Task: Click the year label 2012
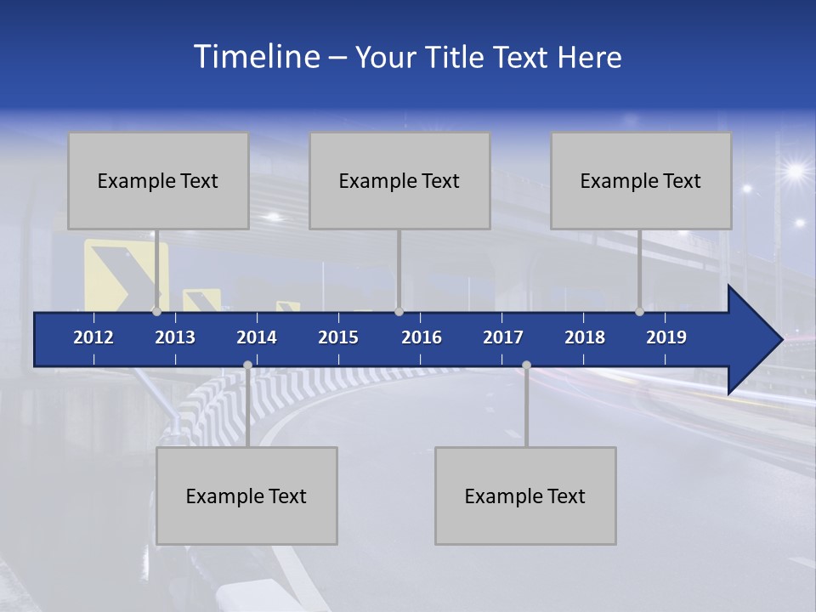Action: pyautogui.click(x=93, y=337)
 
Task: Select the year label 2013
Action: pyautogui.click(x=175, y=337)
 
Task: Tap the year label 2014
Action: pyautogui.click(x=257, y=337)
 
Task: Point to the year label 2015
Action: pyautogui.click(x=338, y=337)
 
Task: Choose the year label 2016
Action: pyautogui.click(x=422, y=337)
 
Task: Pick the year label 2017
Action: pyautogui.click(x=503, y=337)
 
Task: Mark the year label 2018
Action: pyautogui.click(x=585, y=337)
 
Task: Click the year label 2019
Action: pyautogui.click(x=666, y=337)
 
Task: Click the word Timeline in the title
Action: pyautogui.click(x=256, y=57)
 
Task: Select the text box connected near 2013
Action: pyautogui.click(x=158, y=180)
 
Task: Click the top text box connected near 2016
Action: pyautogui.click(x=399, y=180)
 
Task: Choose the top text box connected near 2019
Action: pyautogui.click(x=641, y=180)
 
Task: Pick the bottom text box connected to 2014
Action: pyautogui.click(x=246, y=496)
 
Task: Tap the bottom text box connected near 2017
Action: pyautogui.click(x=525, y=496)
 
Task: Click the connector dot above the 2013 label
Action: pyautogui.click(x=156, y=311)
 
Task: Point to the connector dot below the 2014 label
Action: pyautogui.click(x=247, y=365)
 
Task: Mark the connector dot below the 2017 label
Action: pyautogui.click(x=526, y=365)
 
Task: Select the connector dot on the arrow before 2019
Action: pyautogui.click(x=639, y=311)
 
